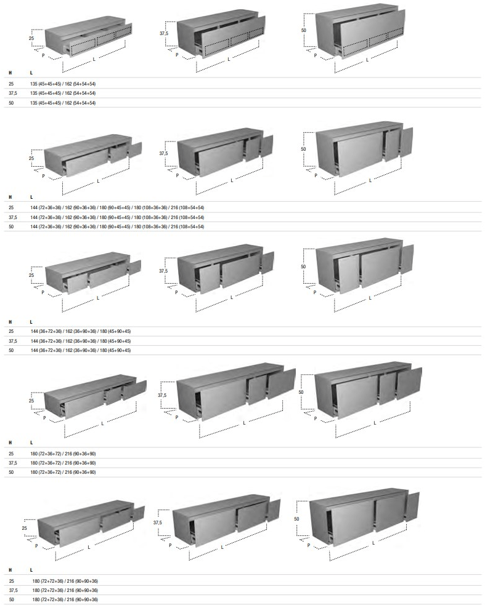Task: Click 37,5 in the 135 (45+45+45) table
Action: pyautogui.click(x=12, y=93)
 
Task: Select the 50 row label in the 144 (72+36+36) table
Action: pyautogui.click(x=11, y=226)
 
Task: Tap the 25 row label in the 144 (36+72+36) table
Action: pyautogui.click(x=11, y=331)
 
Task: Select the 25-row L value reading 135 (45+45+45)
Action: pyautogui.click(x=63, y=82)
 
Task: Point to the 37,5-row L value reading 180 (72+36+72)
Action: pyautogui.click(x=63, y=463)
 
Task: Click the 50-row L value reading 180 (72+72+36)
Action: pyautogui.click(x=65, y=599)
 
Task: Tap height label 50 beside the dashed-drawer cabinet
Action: pyautogui.click(x=304, y=30)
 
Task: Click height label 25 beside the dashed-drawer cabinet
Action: pyautogui.click(x=31, y=38)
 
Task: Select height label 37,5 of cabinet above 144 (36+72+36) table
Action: pyautogui.click(x=163, y=270)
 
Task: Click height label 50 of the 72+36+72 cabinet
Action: pyautogui.click(x=301, y=391)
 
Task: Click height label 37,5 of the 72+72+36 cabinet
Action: pyautogui.click(x=158, y=522)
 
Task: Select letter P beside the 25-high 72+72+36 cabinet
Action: pyautogui.click(x=36, y=546)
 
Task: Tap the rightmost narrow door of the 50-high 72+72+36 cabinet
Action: pyautogui.click(x=412, y=506)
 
